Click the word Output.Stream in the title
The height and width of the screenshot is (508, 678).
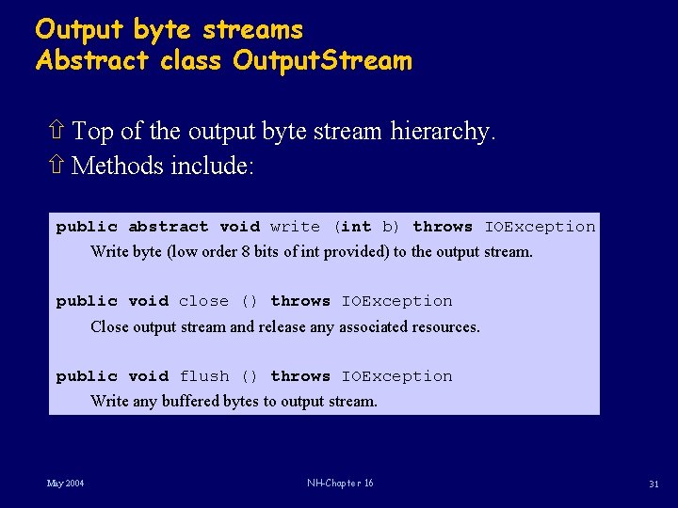(x=322, y=62)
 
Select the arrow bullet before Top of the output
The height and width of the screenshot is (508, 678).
(x=56, y=132)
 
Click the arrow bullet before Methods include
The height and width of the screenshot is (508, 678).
(x=56, y=167)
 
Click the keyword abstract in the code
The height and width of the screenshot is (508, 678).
(x=169, y=227)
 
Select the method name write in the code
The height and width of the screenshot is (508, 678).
(x=295, y=227)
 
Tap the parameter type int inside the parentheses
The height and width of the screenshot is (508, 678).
(x=355, y=227)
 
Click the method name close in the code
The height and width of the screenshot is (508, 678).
(x=203, y=301)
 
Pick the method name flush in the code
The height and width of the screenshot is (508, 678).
(x=203, y=376)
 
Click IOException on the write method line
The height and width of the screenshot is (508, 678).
(x=540, y=227)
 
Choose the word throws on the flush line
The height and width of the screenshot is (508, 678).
(x=300, y=376)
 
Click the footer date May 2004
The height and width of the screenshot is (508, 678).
(x=65, y=484)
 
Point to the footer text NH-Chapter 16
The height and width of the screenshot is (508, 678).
(x=340, y=484)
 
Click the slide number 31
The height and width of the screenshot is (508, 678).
(x=653, y=484)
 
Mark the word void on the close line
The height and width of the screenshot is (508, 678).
(x=148, y=301)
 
